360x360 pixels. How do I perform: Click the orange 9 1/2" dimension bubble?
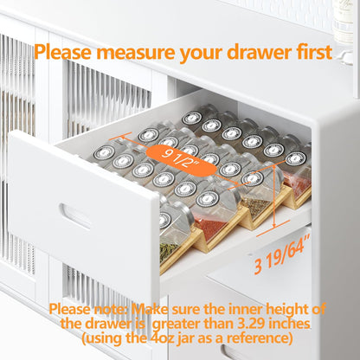[x=182, y=160]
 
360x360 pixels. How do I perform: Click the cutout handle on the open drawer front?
[x=74, y=215]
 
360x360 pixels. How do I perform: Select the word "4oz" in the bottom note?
[x=164, y=337]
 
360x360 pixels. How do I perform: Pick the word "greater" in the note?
[x=176, y=325]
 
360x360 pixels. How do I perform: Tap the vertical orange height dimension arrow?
[x=274, y=196]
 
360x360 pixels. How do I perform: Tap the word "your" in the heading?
[x=201, y=54]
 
